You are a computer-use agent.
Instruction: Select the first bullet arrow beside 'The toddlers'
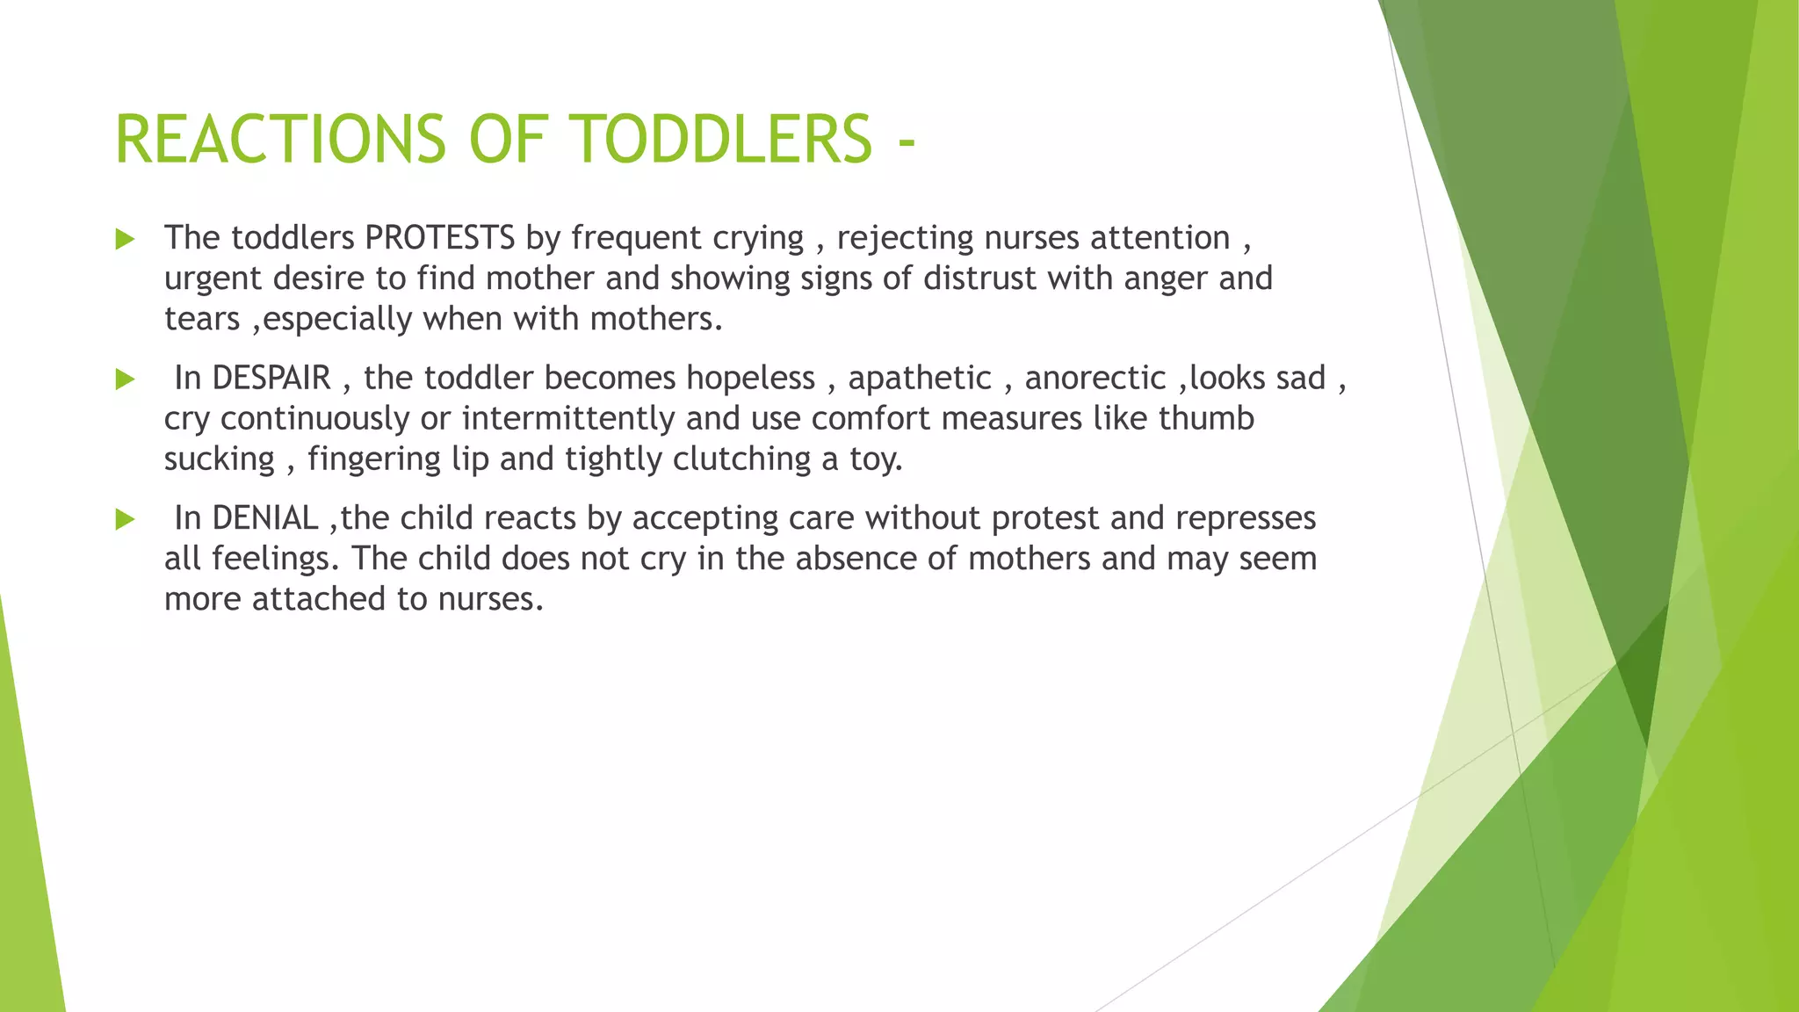[x=126, y=239]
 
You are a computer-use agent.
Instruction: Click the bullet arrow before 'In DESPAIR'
[x=126, y=379]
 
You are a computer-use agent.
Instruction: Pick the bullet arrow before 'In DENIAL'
[x=126, y=519]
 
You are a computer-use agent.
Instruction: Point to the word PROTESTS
[x=440, y=238]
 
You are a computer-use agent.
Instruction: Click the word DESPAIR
[x=271, y=378]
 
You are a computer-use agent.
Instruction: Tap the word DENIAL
[x=265, y=518]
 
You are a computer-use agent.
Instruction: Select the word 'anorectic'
[x=1095, y=378]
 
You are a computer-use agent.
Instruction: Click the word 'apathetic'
[x=920, y=378]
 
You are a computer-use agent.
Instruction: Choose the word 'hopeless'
[x=751, y=378]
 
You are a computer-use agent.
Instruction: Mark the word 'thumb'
[x=1206, y=418]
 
